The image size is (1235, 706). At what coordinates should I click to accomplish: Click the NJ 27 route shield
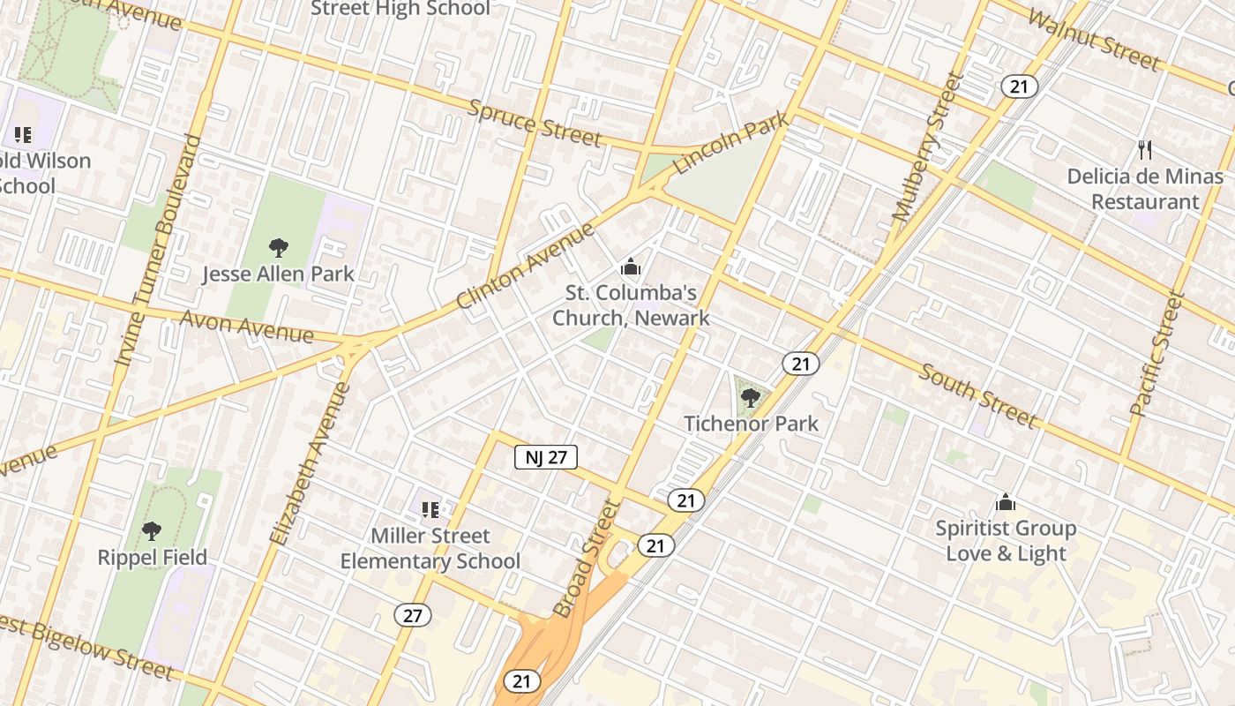[x=546, y=457]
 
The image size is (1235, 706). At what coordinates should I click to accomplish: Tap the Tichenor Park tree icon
[x=750, y=397]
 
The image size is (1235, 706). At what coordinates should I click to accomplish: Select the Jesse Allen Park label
[x=278, y=274]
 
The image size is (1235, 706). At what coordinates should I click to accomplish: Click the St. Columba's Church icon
[x=631, y=266]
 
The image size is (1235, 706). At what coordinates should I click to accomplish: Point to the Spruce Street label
[x=535, y=123]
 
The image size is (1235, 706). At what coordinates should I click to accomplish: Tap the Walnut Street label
[x=1094, y=40]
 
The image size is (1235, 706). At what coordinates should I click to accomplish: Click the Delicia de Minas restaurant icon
[x=1145, y=149]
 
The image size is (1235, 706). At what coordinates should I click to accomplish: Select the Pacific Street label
[x=1156, y=353]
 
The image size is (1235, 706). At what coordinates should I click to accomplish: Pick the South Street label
[x=977, y=394]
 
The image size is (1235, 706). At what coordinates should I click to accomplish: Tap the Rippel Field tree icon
[x=152, y=531]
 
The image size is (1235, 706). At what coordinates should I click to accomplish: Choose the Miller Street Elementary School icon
[x=430, y=509]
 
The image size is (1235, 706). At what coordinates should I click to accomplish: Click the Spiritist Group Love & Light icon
[x=1006, y=503]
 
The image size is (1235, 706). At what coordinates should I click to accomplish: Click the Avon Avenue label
[x=247, y=327]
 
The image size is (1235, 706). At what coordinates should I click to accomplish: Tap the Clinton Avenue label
[x=526, y=267]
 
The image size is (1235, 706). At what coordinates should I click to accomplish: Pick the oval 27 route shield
[x=412, y=615]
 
